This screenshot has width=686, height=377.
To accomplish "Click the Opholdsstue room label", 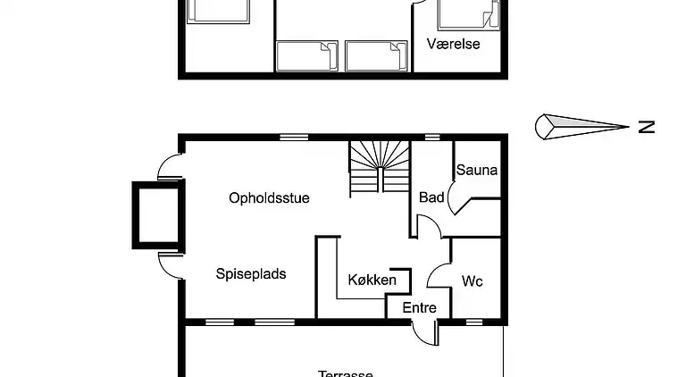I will (269, 198).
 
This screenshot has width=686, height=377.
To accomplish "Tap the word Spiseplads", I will (251, 274).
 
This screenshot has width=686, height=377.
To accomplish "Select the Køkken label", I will (372, 280).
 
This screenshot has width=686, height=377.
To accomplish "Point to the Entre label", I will (419, 308).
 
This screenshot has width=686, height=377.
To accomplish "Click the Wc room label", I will (473, 281).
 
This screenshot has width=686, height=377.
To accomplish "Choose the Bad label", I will (431, 197).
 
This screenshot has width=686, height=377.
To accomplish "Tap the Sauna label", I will (476, 170).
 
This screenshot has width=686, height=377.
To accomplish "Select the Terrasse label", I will (345, 373).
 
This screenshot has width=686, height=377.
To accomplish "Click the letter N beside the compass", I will (646, 127).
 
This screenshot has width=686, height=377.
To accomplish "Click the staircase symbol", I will (378, 167).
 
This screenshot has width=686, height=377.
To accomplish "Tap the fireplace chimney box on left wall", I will (157, 214).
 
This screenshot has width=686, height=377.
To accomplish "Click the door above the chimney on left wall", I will (170, 167).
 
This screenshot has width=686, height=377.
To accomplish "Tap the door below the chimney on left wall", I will (170, 264).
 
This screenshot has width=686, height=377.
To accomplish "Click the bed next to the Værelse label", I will (466, 14).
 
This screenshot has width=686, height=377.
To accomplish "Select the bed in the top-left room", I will (218, 11).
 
